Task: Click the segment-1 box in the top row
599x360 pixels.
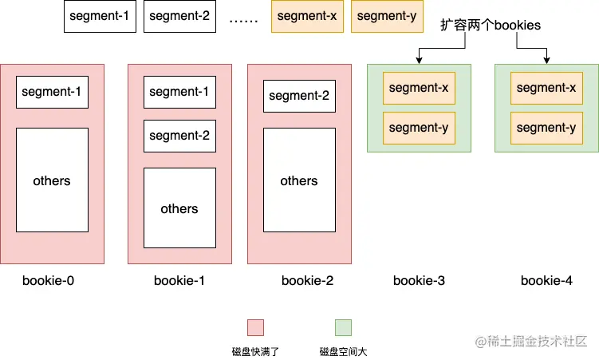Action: tap(100, 17)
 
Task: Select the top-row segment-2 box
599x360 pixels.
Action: tap(179, 17)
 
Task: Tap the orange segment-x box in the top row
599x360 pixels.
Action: tap(307, 17)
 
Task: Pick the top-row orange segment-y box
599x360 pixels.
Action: tap(387, 17)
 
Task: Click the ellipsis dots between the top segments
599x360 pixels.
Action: tap(243, 21)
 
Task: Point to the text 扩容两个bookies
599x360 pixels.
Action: tap(491, 26)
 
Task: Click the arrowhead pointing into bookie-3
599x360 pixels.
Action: tap(419, 60)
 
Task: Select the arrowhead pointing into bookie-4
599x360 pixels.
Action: tap(546, 60)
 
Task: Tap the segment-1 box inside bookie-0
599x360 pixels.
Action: tap(52, 92)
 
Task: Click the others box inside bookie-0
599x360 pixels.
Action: tap(52, 180)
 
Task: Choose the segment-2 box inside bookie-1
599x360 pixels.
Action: tap(179, 136)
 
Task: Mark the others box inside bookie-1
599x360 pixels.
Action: tap(179, 208)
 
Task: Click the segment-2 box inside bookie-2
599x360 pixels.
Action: tap(300, 96)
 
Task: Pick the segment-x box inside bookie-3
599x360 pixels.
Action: tap(419, 88)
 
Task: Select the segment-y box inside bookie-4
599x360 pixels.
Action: tap(546, 128)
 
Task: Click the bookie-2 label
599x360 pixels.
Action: tap(308, 281)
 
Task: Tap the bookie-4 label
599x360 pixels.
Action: tap(546, 281)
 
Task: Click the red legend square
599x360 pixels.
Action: tap(255, 327)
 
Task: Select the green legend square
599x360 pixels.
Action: tap(343, 327)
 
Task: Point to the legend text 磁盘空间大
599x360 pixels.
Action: tap(343, 351)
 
